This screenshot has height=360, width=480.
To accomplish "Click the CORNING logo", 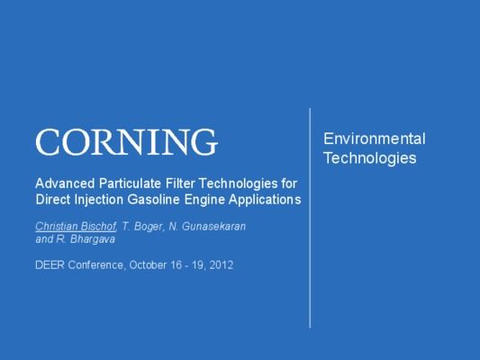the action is coord(127,142).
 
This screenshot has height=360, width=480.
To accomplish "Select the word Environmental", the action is coord(375,139).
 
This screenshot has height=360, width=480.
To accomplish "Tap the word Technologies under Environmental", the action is coord(370,158).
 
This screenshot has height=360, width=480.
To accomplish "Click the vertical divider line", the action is coord(310,218).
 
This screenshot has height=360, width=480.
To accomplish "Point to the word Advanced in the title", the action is coord(65,184).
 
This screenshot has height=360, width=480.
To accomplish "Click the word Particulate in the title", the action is coord(130,184).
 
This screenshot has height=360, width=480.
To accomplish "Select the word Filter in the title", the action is coord(180,184).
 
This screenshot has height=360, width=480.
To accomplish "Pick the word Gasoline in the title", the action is coord(153,200).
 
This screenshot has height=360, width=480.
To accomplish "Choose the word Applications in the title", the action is coord(265,200).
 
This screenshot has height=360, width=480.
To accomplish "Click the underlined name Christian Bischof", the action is coord(76,226).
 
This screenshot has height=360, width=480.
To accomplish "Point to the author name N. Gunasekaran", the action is coord(207,226).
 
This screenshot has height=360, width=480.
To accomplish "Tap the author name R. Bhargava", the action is coord(86,239).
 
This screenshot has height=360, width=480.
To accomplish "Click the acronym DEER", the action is coord(50,265).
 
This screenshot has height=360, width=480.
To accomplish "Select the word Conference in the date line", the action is coord(96,265).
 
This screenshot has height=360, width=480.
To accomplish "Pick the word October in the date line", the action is coord(148,265).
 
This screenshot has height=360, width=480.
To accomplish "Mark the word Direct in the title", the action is coord(53,200).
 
